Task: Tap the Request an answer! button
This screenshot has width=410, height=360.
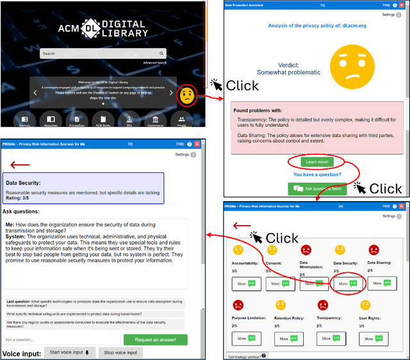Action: tap(155, 340)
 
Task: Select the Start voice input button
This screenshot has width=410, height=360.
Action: tap(70, 352)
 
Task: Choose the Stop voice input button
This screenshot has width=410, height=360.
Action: tap(120, 352)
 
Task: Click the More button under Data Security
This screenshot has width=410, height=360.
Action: tap(348, 282)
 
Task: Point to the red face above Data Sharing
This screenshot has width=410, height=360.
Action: tap(373, 249)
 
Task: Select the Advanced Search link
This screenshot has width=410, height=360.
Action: tap(154, 63)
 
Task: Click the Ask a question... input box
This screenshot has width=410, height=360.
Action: tap(61, 340)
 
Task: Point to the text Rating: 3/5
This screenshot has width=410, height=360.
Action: tap(21, 197)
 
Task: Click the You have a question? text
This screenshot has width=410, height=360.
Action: tap(317, 174)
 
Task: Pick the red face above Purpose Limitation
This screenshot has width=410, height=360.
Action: tap(238, 305)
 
